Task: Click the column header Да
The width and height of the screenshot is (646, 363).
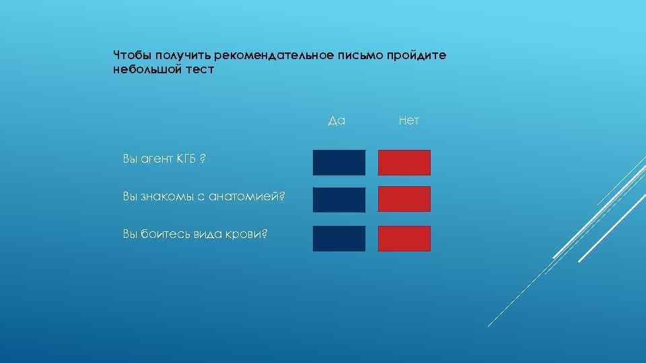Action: (x=336, y=121)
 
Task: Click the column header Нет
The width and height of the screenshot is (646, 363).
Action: (x=408, y=121)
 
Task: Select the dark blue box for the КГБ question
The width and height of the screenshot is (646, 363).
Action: (x=339, y=163)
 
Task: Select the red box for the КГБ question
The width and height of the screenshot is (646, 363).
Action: (x=404, y=163)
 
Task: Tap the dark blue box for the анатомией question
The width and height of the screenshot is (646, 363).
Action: (x=339, y=200)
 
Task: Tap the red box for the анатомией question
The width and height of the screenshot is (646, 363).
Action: (x=404, y=199)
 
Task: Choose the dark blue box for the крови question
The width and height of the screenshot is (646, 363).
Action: (x=339, y=239)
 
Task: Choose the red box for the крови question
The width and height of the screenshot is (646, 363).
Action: (x=404, y=239)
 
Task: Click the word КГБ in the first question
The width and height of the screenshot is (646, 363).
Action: (x=186, y=159)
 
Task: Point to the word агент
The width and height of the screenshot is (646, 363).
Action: (x=156, y=159)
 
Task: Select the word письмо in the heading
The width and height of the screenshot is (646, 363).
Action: (x=359, y=54)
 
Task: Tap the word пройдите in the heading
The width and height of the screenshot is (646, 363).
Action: (x=416, y=54)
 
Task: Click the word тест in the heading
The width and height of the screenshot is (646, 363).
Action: (x=199, y=69)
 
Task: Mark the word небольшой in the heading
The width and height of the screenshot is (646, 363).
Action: (x=146, y=69)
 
